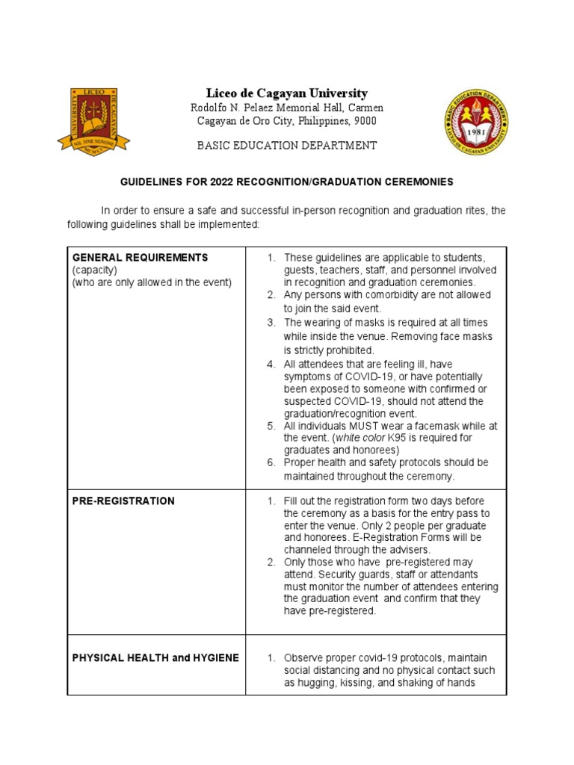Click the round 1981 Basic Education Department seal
(476, 121)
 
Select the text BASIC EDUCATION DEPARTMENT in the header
(286, 146)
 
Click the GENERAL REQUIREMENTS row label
(140, 258)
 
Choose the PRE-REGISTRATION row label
(123, 501)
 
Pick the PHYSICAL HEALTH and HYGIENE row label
(155, 657)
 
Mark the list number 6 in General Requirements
(271, 463)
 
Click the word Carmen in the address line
(363, 108)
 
